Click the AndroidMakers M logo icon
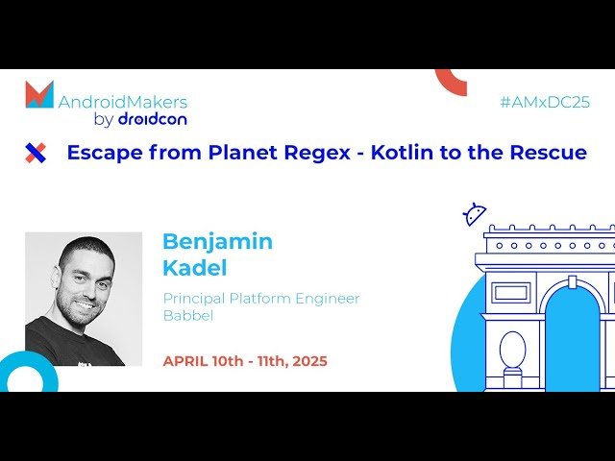(39, 94)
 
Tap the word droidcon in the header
(152, 119)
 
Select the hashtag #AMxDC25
(545, 102)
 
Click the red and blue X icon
(36, 152)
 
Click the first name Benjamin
(217, 241)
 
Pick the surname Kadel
(195, 268)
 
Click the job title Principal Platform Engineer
(261, 299)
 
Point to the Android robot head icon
(474, 215)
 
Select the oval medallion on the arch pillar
(512, 349)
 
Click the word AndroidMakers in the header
(123, 102)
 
